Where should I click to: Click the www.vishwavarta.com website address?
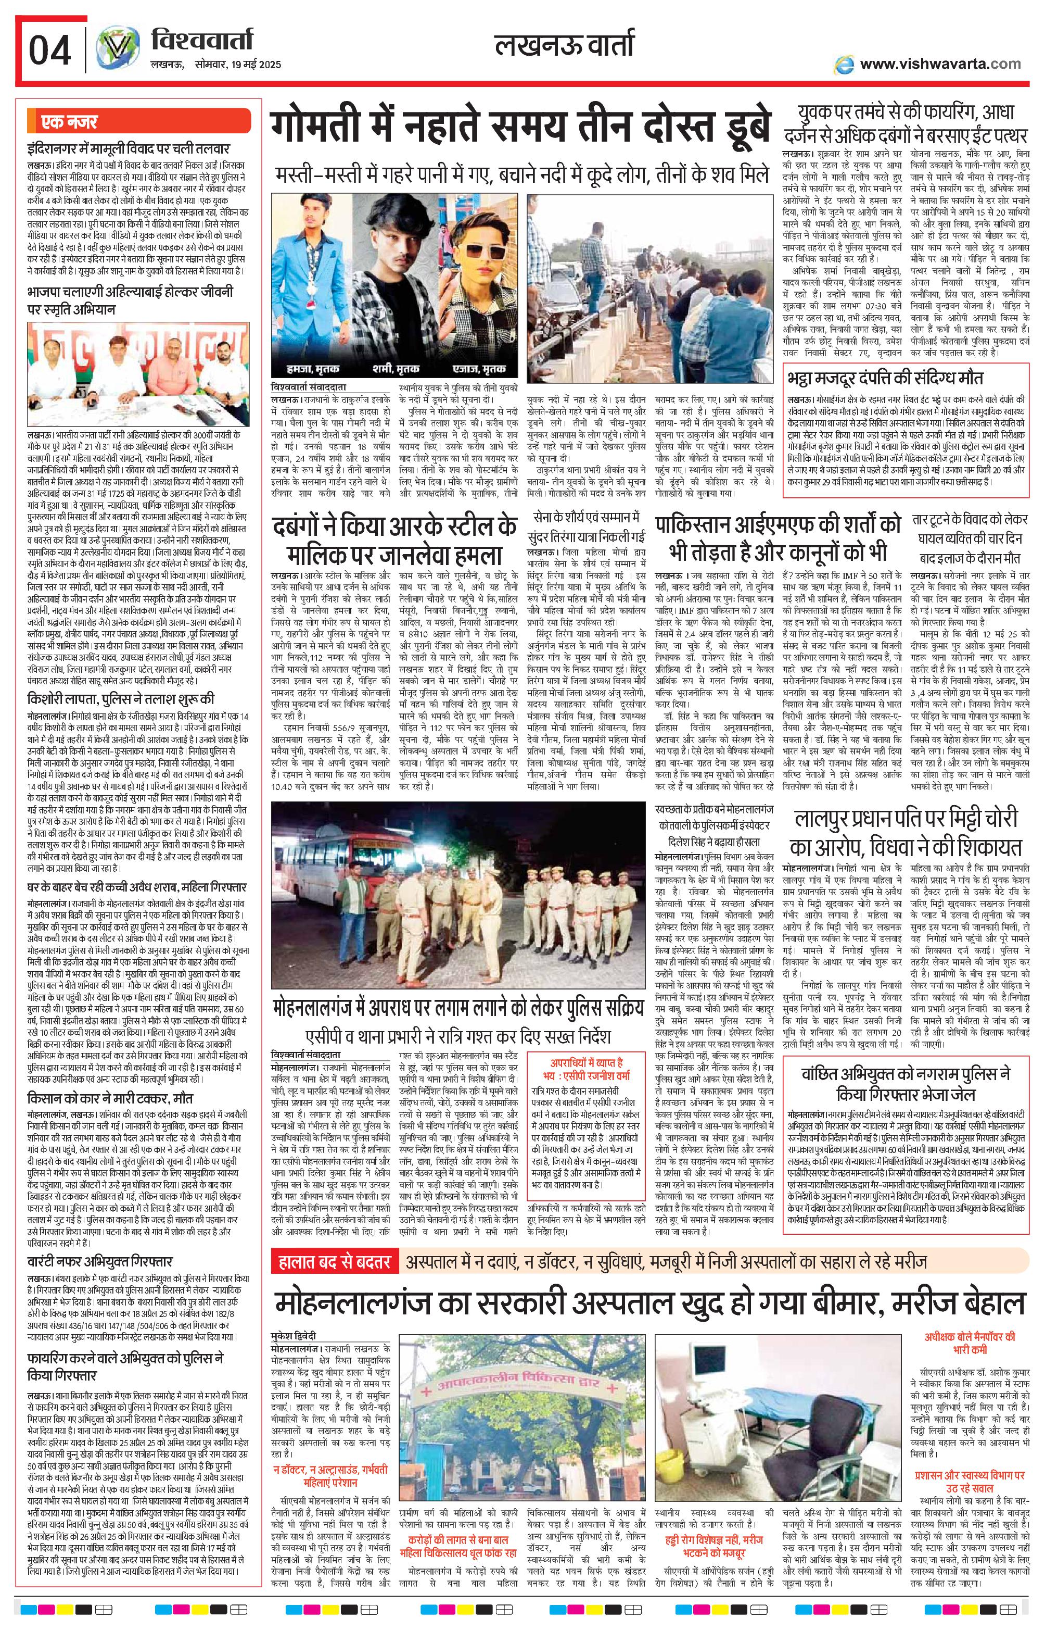tap(940, 65)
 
